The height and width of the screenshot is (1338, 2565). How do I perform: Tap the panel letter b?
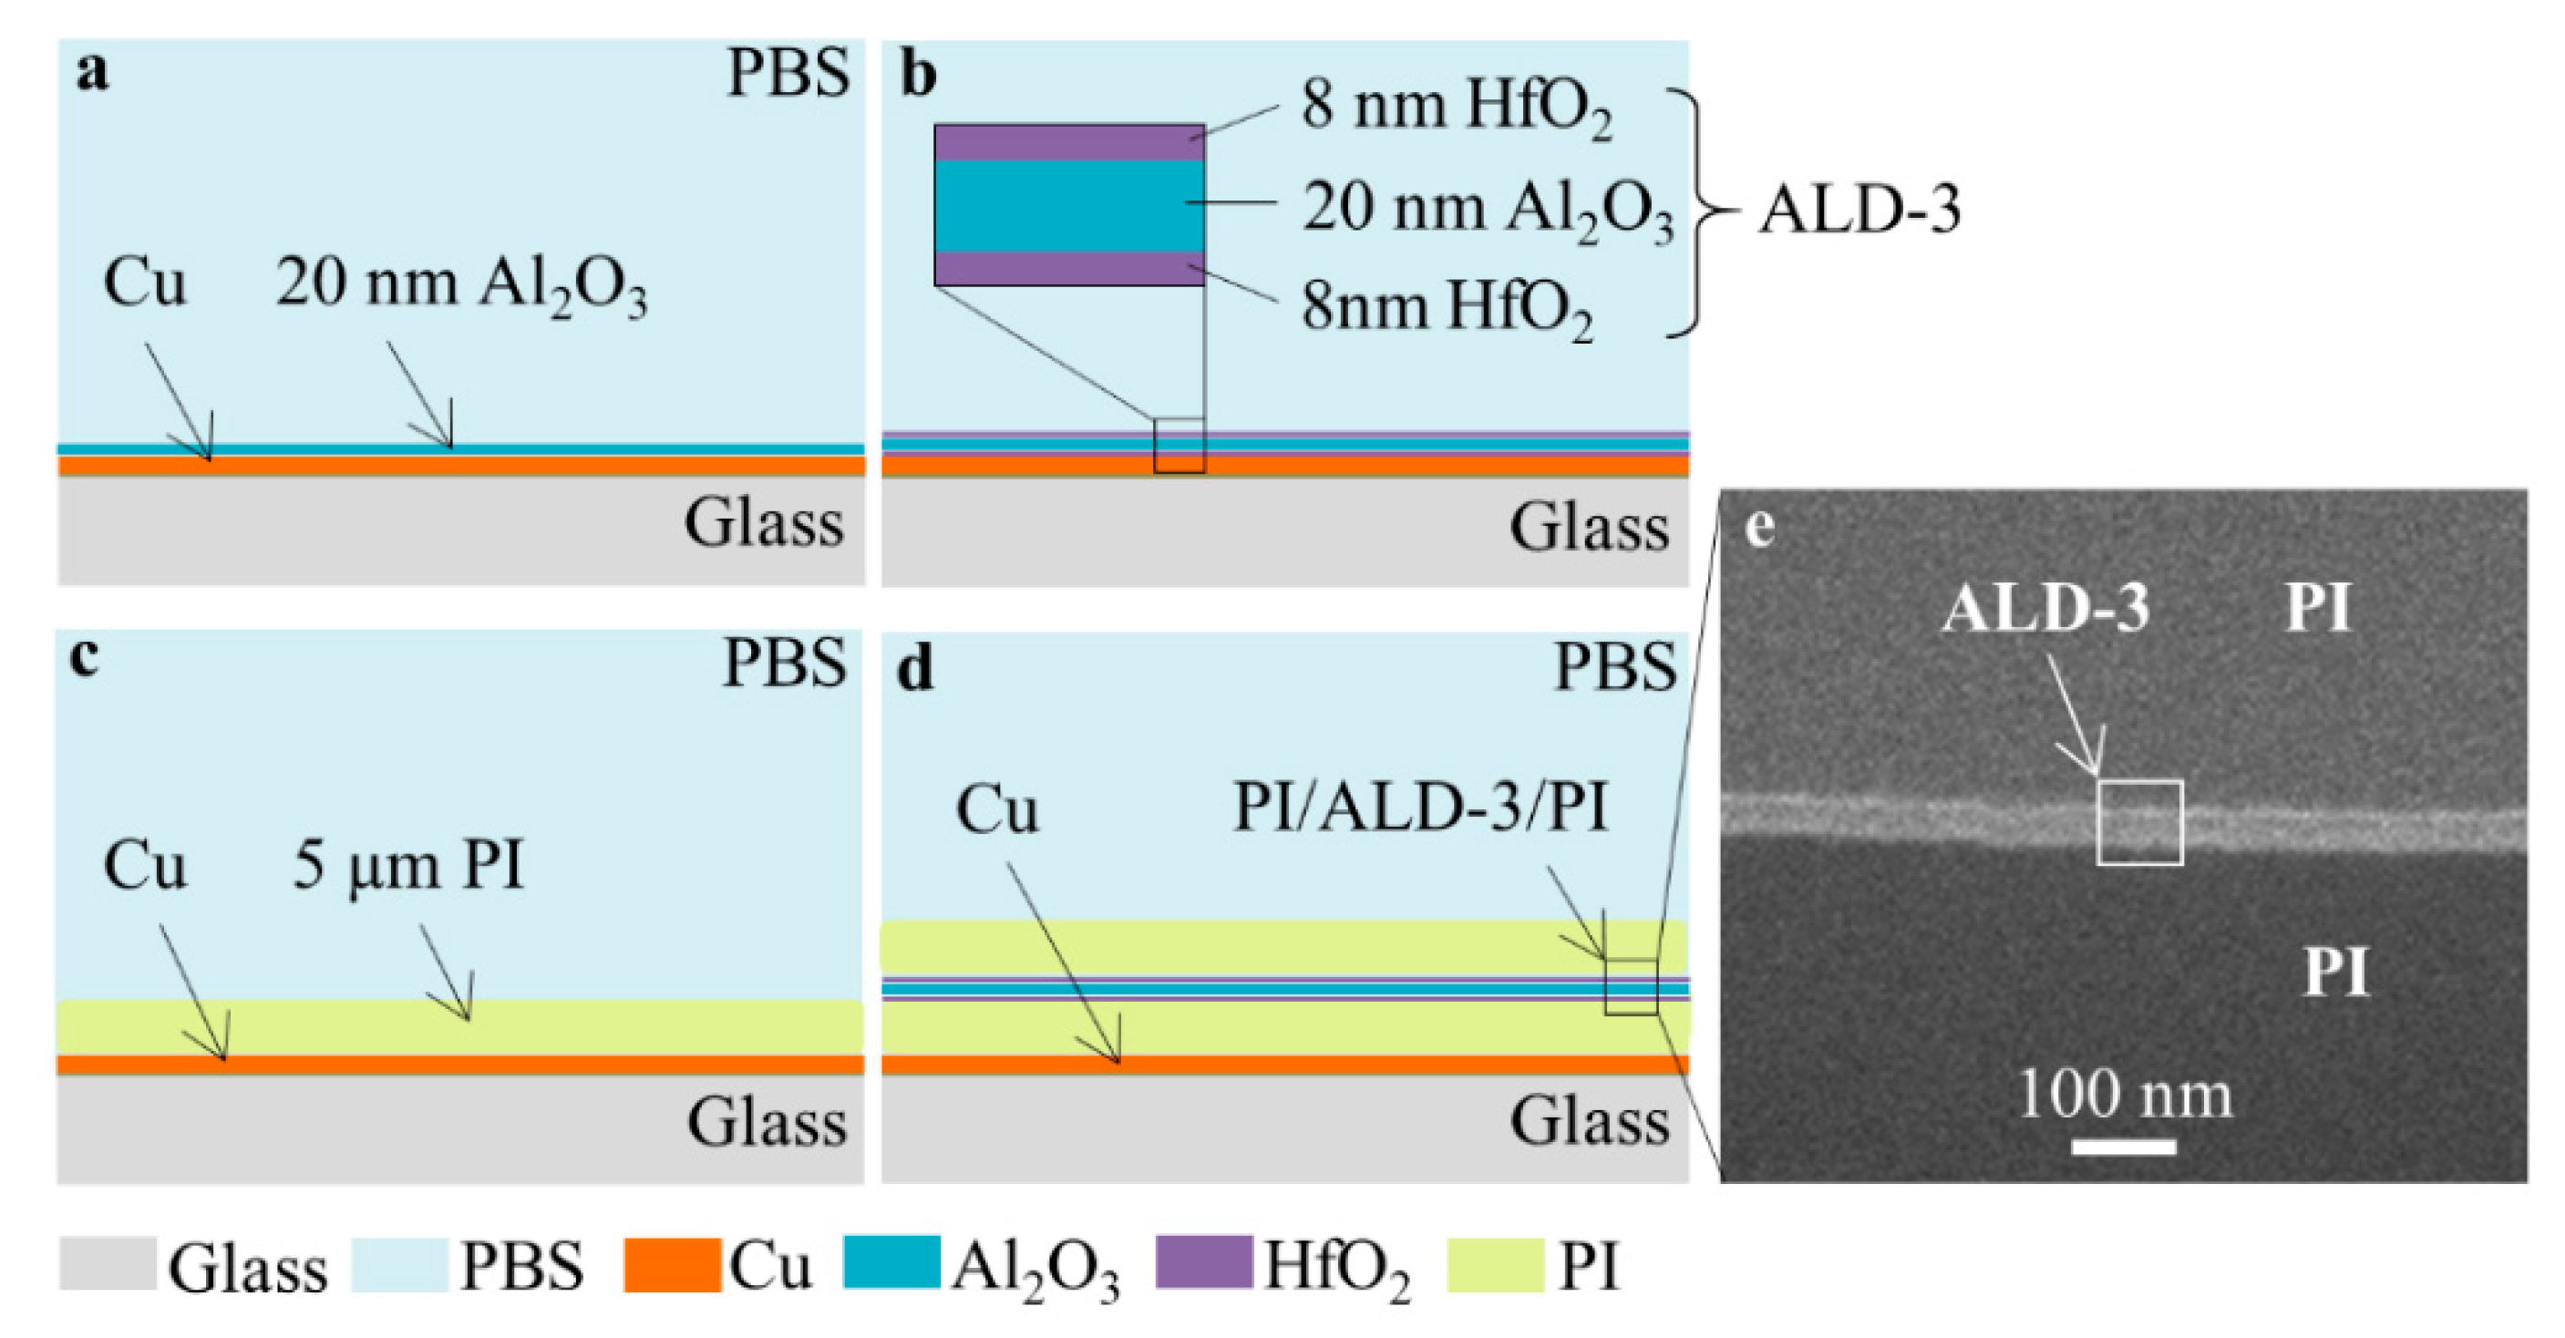(x=917, y=76)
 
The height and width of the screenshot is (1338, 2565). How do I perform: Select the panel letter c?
(x=86, y=660)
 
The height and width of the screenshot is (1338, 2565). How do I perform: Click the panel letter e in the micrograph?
(x=1760, y=529)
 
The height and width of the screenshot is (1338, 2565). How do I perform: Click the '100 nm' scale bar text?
(x=2125, y=1094)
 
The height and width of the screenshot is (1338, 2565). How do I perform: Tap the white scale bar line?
(x=2124, y=1147)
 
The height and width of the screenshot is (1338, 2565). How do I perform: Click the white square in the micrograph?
(x=2140, y=822)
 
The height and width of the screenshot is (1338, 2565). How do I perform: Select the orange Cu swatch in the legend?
(x=672, y=1264)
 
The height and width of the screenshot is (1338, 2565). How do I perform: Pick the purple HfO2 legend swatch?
(x=1204, y=1262)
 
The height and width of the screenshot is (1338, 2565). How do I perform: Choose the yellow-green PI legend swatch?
(x=1495, y=1264)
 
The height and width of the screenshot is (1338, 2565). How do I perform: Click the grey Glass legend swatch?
(x=108, y=1264)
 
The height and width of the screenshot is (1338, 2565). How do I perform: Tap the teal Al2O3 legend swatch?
(x=891, y=1262)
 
